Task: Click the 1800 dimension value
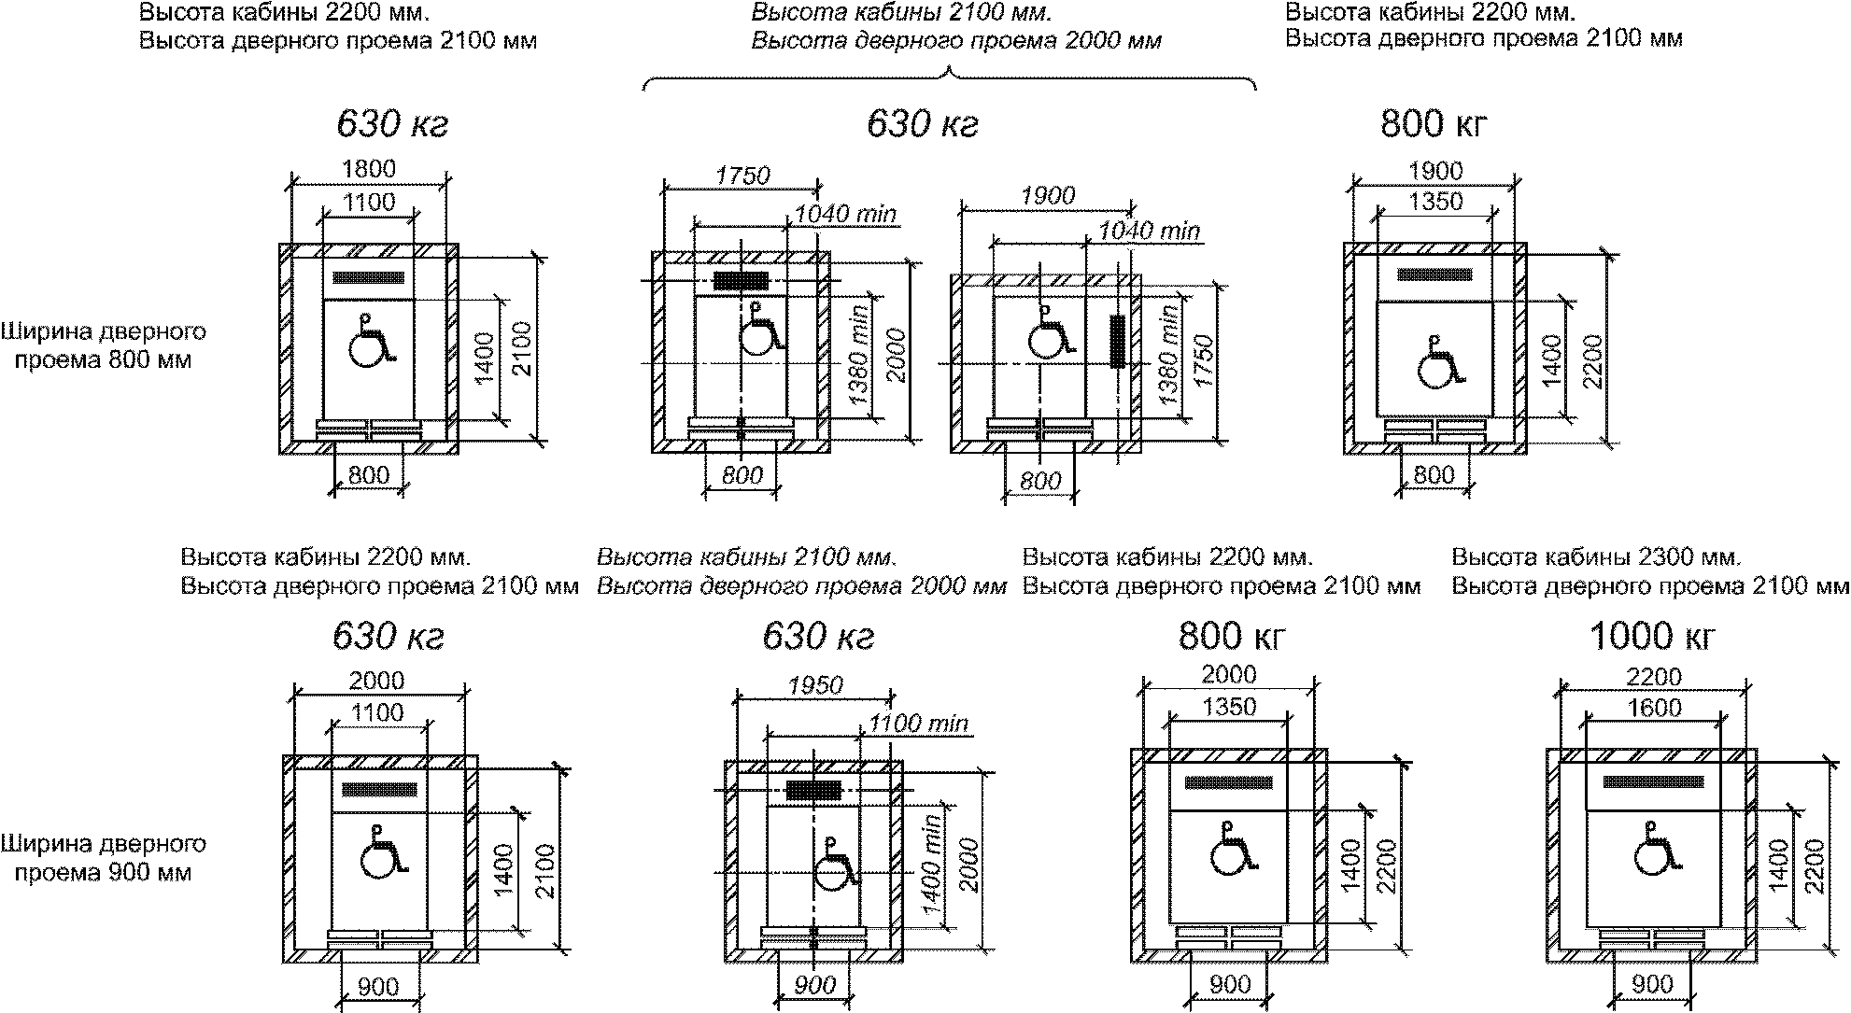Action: pyautogui.click(x=369, y=169)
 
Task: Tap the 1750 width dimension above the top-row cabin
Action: pyautogui.click(x=742, y=176)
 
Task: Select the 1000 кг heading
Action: pyautogui.click(x=1652, y=637)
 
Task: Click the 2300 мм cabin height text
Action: pyautogui.click(x=1596, y=557)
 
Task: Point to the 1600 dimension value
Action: pyautogui.click(x=1654, y=708)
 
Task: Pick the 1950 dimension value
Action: pyautogui.click(x=816, y=685)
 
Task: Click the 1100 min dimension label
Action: pyautogui.click(x=918, y=723)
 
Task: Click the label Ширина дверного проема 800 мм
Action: pyautogui.click(x=103, y=345)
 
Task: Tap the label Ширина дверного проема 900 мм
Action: pyautogui.click(x=103, y=858)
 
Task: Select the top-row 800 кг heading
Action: pyautogui.click(x=1433, y=124)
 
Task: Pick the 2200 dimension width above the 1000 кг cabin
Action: pyautogui.click(x=1654, y=676)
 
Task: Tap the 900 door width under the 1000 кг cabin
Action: pyautogui.click(x=1654, y=983)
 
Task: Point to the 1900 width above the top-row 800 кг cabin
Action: pyautogui.click(x=1435, y=171)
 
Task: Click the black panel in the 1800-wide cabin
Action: pyautogui.click(x=369, y=277)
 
